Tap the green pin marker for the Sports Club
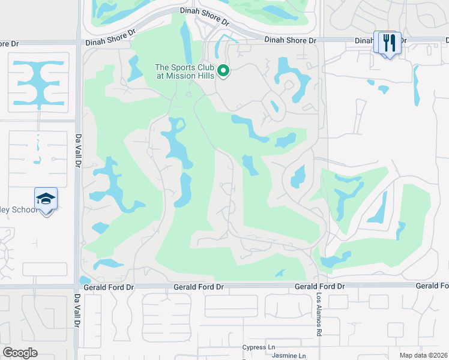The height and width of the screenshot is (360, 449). [223, 71]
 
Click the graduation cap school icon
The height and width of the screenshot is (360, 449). [46, 198]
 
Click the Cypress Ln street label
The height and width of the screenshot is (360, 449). [259, 347]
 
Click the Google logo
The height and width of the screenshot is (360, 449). [20, 353]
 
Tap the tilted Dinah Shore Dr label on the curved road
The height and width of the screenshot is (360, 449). [205, 16]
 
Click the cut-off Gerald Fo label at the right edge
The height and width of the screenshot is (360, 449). [432, 286]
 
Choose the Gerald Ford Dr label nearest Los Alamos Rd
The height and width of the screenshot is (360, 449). [320, 287]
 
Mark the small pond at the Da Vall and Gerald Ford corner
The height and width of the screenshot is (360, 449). [85, 280]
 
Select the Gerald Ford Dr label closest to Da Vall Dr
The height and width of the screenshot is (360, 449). [109, 287]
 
